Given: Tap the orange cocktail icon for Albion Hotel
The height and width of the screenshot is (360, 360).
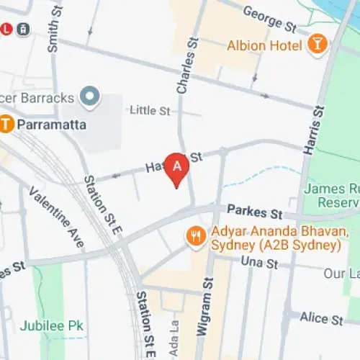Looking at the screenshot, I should tap(317, 45).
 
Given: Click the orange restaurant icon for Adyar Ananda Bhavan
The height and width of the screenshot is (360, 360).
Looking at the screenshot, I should tap(195, 235).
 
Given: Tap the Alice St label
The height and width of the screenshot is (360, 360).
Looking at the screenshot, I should tap(322, 318).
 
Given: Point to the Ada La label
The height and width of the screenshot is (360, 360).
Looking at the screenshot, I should tap(172, 330).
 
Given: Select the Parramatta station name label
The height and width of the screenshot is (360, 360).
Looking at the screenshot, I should tap(52, 125).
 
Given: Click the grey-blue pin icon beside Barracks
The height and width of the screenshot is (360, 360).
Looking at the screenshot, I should tap(89, 95).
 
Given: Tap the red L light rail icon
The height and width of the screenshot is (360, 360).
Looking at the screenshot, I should tap(7, 30).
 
